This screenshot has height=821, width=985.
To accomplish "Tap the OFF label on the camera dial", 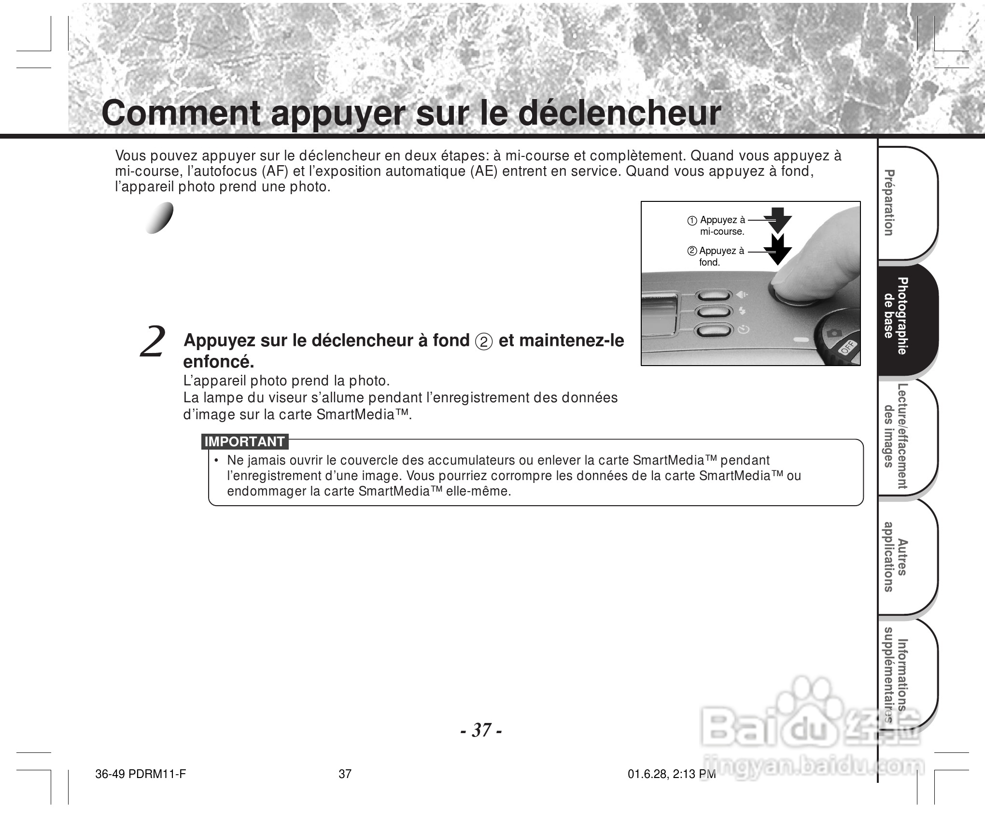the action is [x=848, y=347].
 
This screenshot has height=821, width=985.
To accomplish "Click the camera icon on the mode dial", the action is [x=833, y=333].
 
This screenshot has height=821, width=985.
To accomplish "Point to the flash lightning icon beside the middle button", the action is [x=742, y=311].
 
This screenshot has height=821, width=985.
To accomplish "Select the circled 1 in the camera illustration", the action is [x=692, y=221].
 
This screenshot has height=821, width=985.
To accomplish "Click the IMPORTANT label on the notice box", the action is [x=244, y=441].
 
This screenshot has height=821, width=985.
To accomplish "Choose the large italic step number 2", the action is [x=153, y=342].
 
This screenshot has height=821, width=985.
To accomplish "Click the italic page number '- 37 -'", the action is [x=481, y=730].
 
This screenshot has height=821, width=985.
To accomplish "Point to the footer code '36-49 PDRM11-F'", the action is [x=141, y=774].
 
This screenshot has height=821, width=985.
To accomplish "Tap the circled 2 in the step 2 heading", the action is [x=484, y=341].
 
